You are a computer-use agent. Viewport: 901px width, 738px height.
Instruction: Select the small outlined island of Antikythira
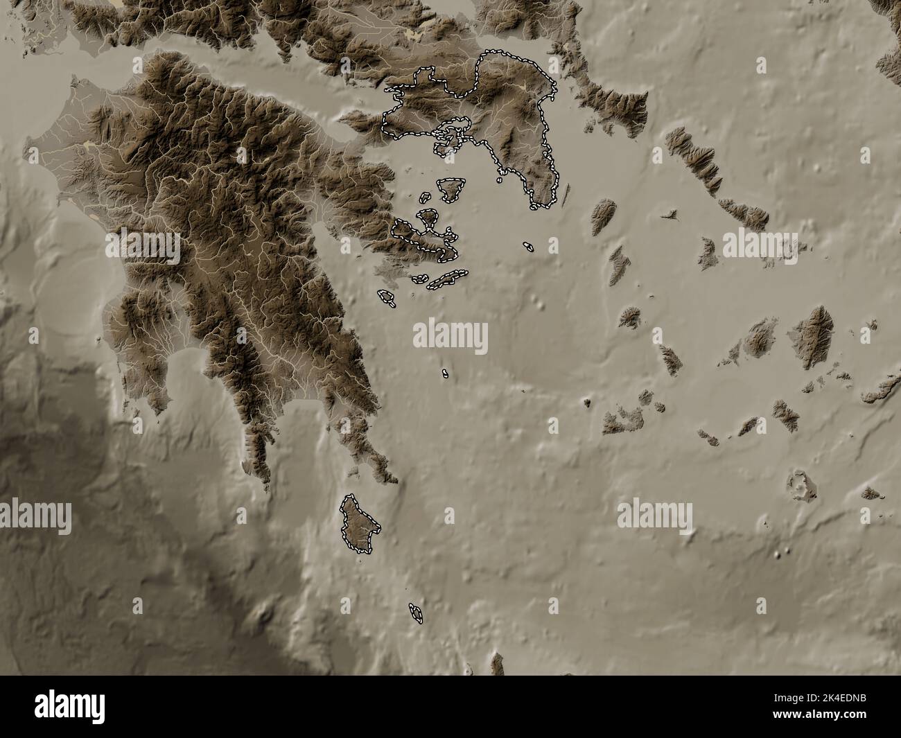pos(417,613)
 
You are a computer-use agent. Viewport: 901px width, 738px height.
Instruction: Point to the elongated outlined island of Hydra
pos(446,279)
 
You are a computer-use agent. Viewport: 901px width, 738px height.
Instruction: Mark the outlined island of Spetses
pos(386,298)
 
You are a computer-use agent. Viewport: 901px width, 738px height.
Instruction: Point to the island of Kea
pos(603,216)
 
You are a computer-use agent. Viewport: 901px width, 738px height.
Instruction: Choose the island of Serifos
pos(630,317)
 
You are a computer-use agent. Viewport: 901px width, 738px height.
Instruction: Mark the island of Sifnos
pos(670,360)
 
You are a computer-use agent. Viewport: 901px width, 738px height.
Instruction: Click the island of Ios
pos(785,415)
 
